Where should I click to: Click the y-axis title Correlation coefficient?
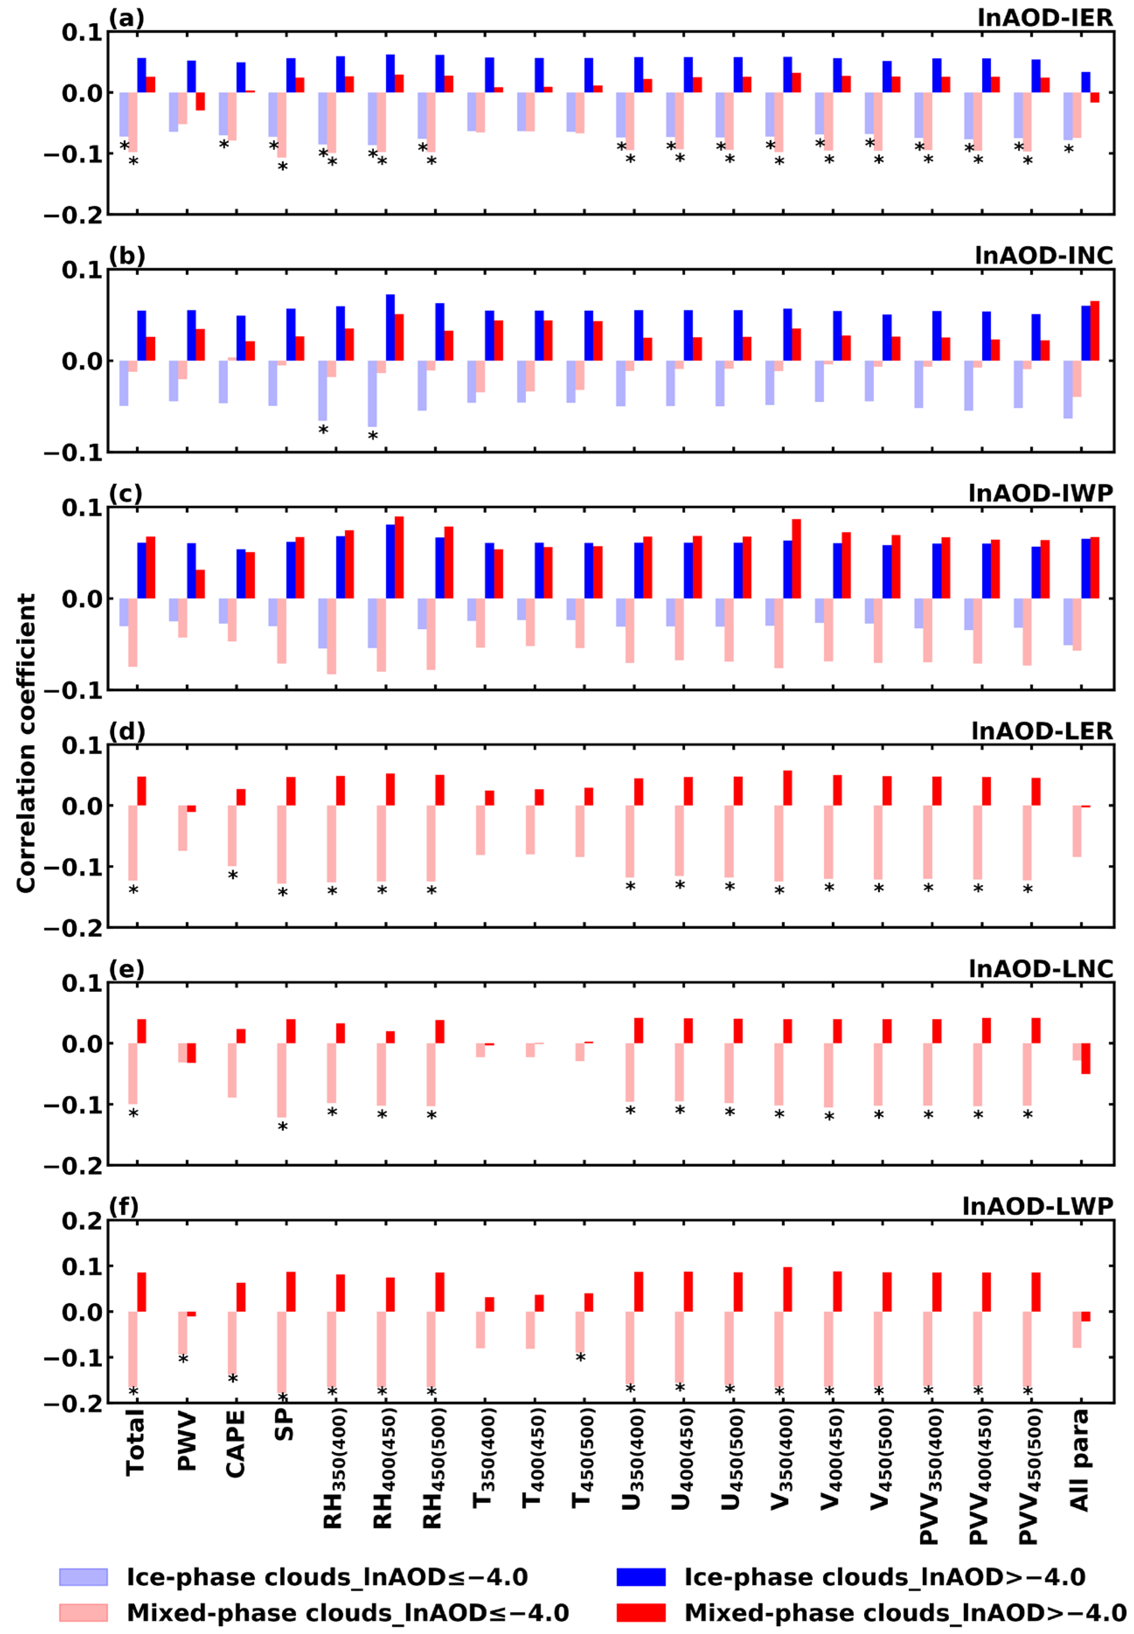pos(26,743)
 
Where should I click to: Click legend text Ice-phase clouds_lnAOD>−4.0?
pos(885,1577)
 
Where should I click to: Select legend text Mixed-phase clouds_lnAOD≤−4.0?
pos(347,1613)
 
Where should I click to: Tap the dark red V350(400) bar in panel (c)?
pos(796,559)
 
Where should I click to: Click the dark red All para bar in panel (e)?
pos(1086,1058)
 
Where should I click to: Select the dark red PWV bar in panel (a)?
pos(200,101)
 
